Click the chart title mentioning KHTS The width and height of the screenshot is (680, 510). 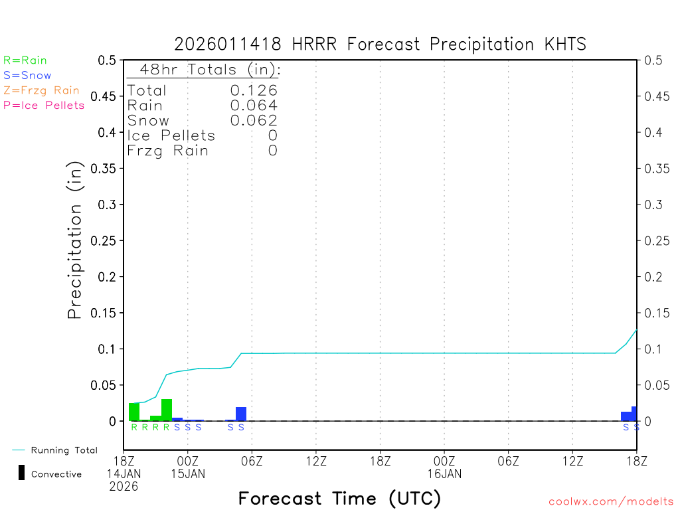[381, 44]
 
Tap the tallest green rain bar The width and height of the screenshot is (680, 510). [167, 410]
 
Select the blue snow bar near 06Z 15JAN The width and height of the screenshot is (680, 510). [241, 414]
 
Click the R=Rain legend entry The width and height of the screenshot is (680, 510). [25, 60]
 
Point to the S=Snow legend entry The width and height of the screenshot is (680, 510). [27, 76]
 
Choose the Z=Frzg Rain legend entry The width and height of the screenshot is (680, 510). [41, 90]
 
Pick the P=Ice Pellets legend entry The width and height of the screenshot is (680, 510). [44, 105]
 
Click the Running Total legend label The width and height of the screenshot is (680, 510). [64, 450]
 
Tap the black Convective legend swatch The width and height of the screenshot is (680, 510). [21, 473]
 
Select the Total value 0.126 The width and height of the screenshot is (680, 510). [254, 91]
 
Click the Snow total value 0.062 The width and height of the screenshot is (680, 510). [254, 120]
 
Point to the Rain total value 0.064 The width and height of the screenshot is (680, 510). [254, 106]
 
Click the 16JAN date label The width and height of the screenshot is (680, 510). [444, 474]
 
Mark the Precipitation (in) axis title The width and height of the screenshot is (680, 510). [75, 240]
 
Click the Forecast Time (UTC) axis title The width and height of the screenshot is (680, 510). [339, 498]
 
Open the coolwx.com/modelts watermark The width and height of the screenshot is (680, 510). [611, 501]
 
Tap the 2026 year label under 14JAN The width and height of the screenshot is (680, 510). [125, 486]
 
